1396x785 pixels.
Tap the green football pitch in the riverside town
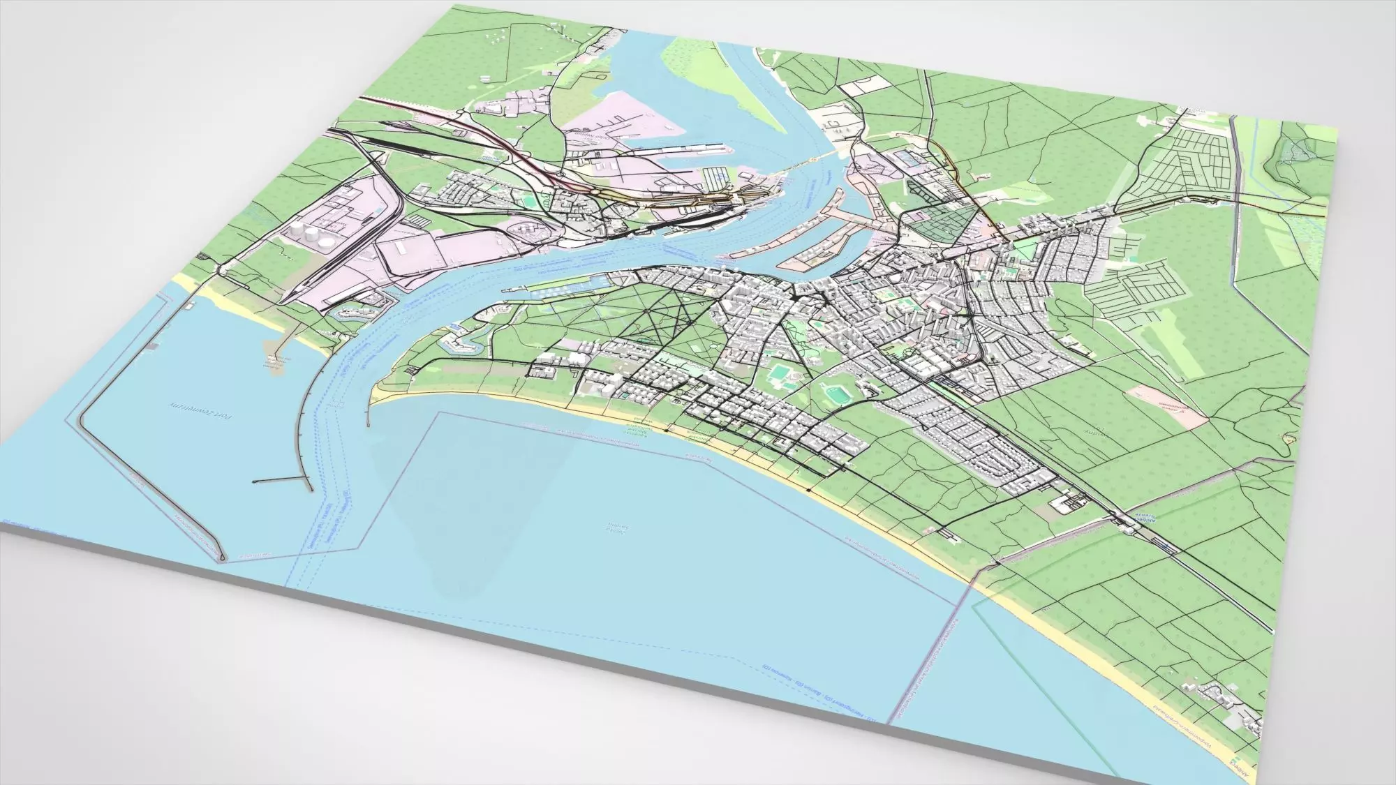[x=530, y=201]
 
